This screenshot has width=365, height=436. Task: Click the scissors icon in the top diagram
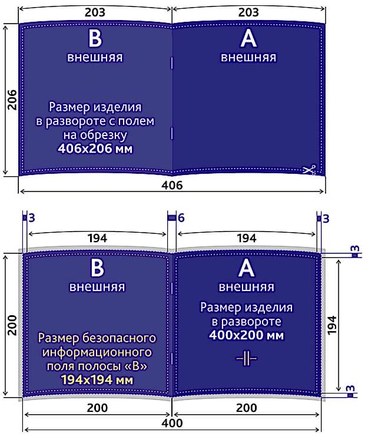pos(309,170)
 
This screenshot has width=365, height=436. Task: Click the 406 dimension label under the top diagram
pos(172,185)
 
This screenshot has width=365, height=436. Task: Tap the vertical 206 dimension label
pos(12,100)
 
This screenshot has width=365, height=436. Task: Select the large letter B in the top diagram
pos(95,38)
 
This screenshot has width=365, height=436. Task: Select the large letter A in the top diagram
pos(248,38)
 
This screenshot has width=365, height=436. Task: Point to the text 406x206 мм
pos(95,148)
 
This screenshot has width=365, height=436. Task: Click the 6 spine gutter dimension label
pos(181,218)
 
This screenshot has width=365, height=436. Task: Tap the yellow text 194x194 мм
pos(97,379)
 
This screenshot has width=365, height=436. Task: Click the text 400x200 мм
pos(247,335)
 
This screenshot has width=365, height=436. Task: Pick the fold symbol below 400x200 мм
pos(247,358)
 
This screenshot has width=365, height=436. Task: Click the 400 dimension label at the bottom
pos(172,423)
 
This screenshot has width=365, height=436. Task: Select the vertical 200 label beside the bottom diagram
pos(12,325)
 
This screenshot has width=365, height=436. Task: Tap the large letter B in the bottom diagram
pos(97,268)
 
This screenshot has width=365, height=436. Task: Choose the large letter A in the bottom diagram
pos(247,268)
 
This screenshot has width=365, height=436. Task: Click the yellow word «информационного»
pos(97,352)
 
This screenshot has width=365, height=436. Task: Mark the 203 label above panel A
pos(248,12)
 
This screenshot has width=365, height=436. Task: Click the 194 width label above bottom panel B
pos(97,238)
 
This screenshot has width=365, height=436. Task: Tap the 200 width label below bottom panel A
pos(247,408)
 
